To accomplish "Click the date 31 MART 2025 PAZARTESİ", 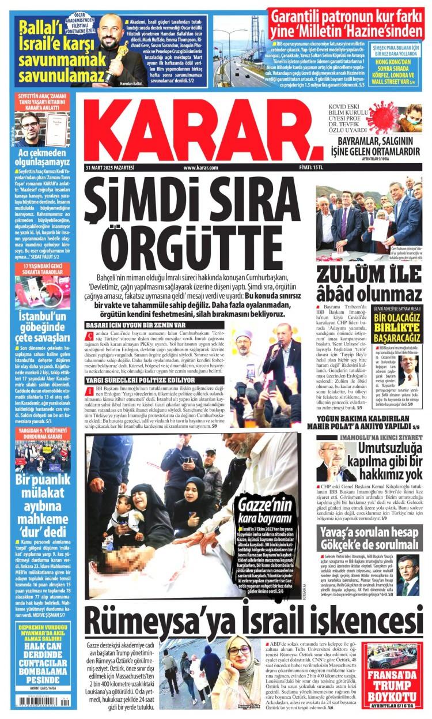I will click(109, 168).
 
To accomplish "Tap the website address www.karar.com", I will click(200, 168).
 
